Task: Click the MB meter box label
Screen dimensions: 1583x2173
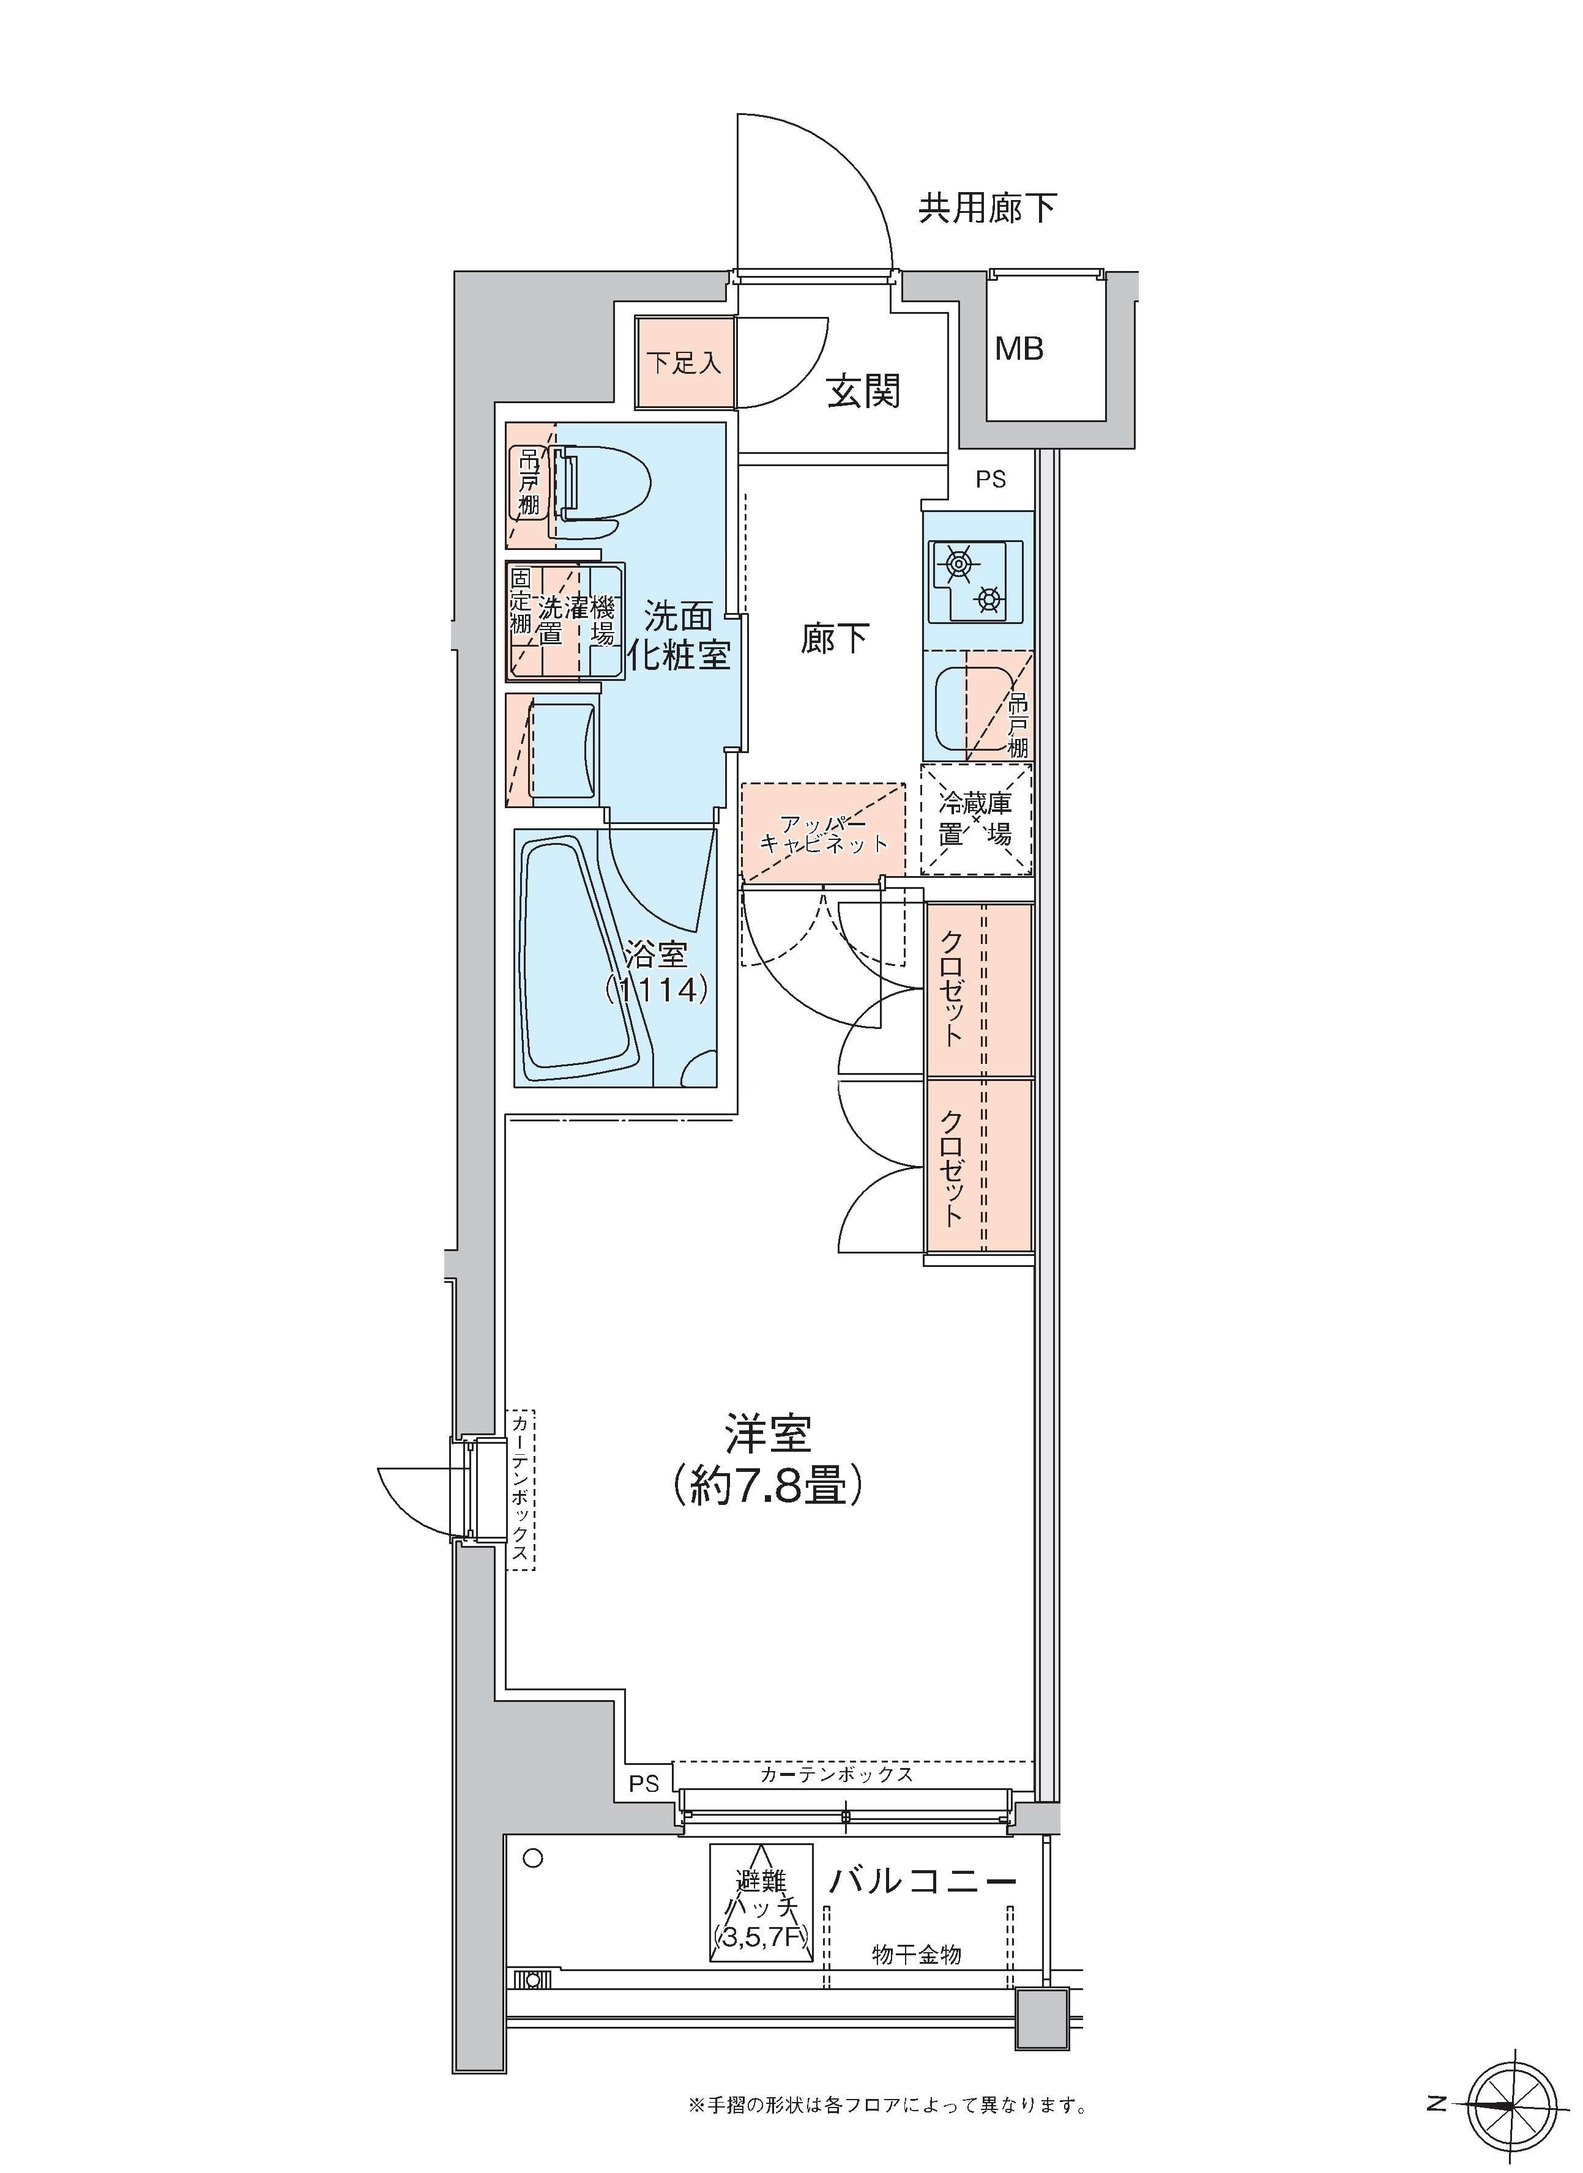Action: click(1019, 349)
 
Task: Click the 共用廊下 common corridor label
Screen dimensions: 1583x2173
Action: click(988, 208)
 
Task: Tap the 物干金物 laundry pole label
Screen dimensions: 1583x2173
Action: click(916, 1955)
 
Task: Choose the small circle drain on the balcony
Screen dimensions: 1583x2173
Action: click(534, 1858)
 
